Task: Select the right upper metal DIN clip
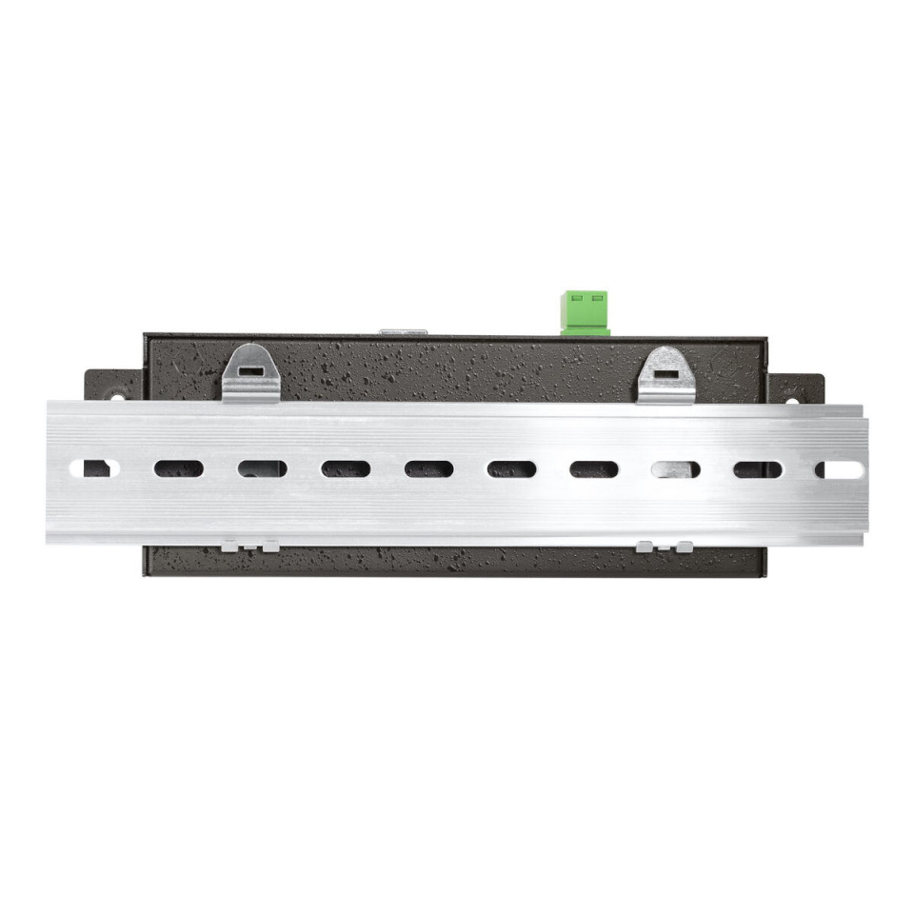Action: tap(666, 376)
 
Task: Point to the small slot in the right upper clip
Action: tap(666, 371)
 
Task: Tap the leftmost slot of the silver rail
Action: tap(97, 468)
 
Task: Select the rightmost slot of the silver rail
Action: tap(837, 469)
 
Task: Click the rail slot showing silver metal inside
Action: tap(676, 469)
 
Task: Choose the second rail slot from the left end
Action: tap(179, 469)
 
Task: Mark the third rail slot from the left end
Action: tap(262, 469)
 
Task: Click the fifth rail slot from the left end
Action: tap(428, 469)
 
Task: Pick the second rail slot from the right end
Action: tap(758, 469)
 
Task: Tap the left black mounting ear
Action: tap(114, 386)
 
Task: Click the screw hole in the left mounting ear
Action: tap(116, 397)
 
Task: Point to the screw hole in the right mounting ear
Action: tap(788, 399)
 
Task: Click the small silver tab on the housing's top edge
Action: tap(404, 332)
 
